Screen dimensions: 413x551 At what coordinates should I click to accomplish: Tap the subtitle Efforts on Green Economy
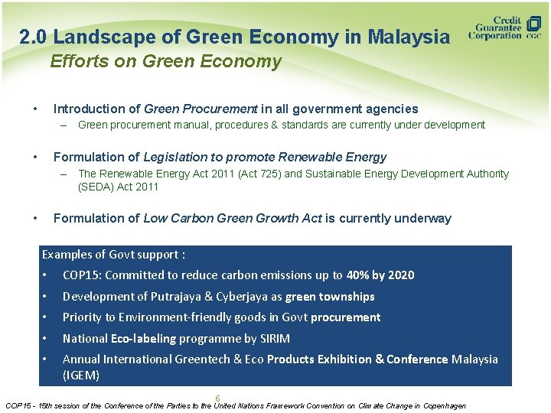(165, 62)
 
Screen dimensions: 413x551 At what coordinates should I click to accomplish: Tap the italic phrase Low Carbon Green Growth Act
(232, 219)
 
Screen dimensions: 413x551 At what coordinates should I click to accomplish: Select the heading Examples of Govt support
(113, 255)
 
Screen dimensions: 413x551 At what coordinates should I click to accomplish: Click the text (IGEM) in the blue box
(81, 375)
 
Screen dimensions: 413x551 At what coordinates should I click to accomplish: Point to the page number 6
(217, 398)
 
